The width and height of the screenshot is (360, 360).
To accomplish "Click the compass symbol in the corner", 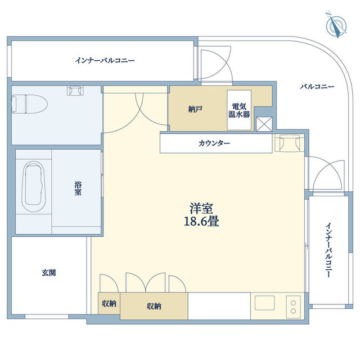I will point(336,26).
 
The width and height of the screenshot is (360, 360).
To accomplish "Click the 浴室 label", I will point(78,188).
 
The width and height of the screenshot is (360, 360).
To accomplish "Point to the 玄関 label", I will point(48,273).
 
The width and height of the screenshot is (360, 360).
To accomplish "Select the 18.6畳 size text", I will point(201,221).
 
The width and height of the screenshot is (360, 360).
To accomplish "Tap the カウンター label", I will point(214,143).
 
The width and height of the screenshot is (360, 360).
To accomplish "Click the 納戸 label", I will point(195,109).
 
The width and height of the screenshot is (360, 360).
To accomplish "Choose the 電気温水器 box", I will point(238,109).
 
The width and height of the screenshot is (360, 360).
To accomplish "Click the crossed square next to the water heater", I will point(263,124).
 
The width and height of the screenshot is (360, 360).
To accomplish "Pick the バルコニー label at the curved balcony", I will point(317,87).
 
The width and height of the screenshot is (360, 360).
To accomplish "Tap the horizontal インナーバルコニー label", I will point(105,60).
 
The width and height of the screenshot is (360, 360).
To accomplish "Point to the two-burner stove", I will point(293,307).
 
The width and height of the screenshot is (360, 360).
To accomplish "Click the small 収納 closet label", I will point(109,304).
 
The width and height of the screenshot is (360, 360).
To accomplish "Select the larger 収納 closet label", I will point(154,307).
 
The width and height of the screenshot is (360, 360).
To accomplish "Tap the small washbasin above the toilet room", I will point(75,90).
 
